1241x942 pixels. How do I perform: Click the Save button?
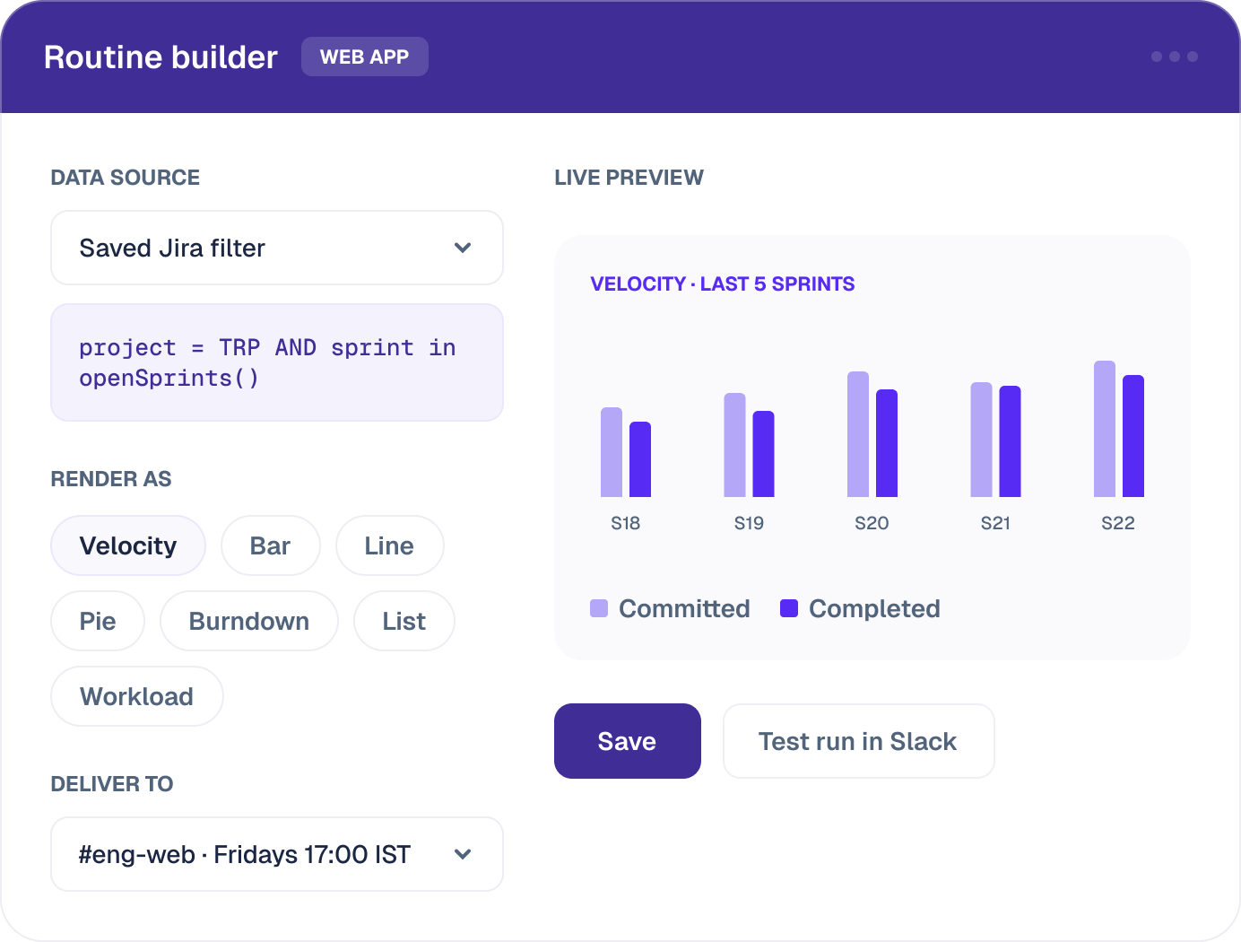pos(627,741)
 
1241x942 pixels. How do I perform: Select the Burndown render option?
pos(248,621)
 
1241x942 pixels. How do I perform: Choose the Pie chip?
pos(97,621)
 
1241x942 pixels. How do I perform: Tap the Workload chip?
pos(137,696)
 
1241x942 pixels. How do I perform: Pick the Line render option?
pos(389,545)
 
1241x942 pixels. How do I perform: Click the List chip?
pos(404,621)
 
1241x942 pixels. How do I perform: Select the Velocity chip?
pos(128,545)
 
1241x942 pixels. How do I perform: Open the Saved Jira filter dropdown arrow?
pos(463,248)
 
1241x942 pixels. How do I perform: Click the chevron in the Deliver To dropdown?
pos(463,854)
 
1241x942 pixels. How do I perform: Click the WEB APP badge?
pos(365,57)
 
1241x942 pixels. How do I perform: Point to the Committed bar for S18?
pos(612,452)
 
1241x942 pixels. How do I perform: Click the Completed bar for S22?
pos(1133,436)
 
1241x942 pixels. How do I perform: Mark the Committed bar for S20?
pos(858,434)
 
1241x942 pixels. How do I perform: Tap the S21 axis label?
pos(995,523)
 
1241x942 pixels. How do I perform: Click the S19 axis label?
pos(749,523)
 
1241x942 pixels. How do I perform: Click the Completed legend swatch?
pos(789,608)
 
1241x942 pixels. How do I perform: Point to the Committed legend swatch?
pos(599,608)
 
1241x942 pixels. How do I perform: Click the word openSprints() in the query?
pos(169,379)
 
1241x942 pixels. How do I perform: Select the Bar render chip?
pos(270,545)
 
